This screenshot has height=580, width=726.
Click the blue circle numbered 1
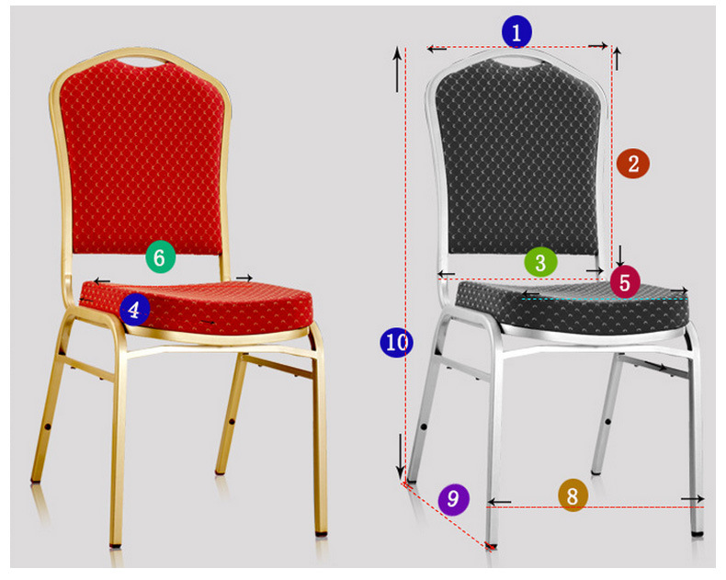(x=516, y=31)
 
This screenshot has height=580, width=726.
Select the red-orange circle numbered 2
(x=633, y=163)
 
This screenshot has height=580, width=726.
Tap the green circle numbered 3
(x=540, y=262)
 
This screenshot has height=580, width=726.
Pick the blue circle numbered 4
(x=134, y=310)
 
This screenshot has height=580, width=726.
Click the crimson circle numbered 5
(x=625, y=282)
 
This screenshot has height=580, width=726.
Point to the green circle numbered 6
(x=160, y=256)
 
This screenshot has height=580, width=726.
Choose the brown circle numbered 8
(x=573, y=495)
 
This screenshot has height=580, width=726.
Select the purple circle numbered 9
(x=454, y=499)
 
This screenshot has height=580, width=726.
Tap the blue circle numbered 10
(x=396, y=342)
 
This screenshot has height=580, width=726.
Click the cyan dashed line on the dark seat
(x=603, y=300)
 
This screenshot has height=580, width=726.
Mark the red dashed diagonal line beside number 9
(x=448, y=516)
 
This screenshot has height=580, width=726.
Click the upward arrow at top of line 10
(x=397, y=70)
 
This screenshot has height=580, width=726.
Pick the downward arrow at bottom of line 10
(x=400, y=457)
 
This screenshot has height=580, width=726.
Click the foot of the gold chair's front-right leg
(x=322, y=533)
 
